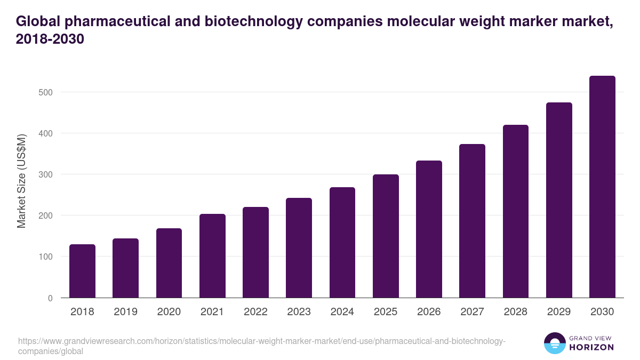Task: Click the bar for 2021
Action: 212,256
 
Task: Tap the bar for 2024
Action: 342,243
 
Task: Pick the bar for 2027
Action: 472,221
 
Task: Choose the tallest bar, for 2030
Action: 602,187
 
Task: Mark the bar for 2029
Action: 559,200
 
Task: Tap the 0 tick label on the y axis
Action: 50,298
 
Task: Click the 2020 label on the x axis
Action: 169,312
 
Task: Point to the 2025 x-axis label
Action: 386,312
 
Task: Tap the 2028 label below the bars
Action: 516,312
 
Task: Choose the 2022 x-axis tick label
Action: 255,312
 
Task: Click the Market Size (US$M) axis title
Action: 21,181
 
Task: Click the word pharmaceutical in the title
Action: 115,21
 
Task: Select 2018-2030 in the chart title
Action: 50,39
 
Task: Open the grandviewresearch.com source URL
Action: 261,346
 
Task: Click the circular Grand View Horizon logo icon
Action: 554,343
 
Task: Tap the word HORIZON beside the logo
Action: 591,347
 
